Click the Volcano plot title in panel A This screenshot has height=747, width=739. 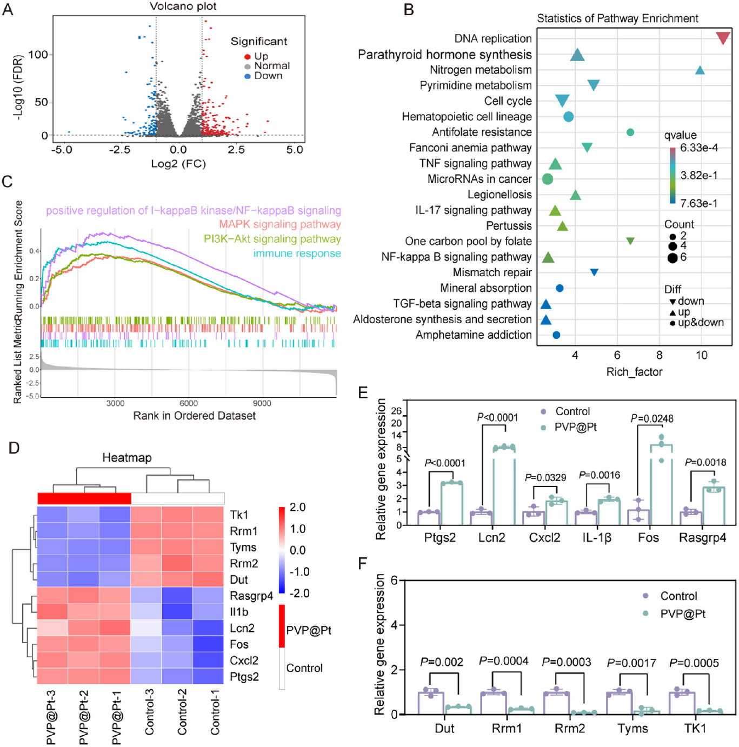coord(183,6)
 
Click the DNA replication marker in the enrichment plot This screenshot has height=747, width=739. coord(723,38)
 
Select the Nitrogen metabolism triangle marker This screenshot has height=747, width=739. coord(700,70)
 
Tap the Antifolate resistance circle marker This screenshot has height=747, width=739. coord(630,132)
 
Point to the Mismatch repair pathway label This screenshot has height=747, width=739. coord(492,272)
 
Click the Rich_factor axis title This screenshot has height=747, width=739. coord(634,372)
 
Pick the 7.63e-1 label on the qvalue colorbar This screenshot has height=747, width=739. coord(699,203)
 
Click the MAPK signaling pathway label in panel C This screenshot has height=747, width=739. coord(279,224)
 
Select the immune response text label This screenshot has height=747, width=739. coord(297,254)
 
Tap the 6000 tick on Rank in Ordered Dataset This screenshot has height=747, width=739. coord(188,403)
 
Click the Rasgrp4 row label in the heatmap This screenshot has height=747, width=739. coord(251,596)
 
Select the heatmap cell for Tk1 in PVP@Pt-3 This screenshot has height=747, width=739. coord(52,514)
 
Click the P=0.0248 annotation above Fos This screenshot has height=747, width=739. coord(652,419)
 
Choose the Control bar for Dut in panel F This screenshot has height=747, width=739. coord(431,703)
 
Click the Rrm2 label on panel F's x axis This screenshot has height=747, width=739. coord(569,729)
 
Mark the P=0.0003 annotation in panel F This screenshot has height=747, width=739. coord(566,662)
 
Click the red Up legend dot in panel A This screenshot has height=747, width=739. coord(248,57)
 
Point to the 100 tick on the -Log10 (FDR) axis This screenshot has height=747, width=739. coord(38,55)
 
